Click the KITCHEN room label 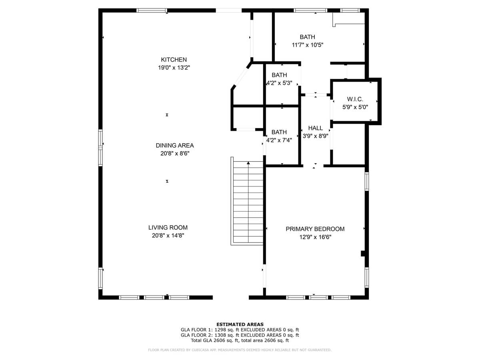click(174, 60)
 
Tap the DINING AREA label click(174, 145)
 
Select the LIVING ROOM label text click(168, 228)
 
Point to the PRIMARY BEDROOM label click(315, 229)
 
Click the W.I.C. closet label click(355, 99)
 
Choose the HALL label click(315, 128)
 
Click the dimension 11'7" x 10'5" click(308, 45)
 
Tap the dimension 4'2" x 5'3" click(279, 83)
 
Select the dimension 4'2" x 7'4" click(279, 140)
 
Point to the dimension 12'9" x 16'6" click(315, 237)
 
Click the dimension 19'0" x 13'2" click(174, 68)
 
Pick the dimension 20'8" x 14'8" click(168, 236)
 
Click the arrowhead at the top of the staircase click(248, 163)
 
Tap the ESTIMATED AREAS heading click(240, 324)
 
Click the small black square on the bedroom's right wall click(363, 254)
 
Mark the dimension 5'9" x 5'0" click(355, 107)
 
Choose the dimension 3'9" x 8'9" click(315, 136)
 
